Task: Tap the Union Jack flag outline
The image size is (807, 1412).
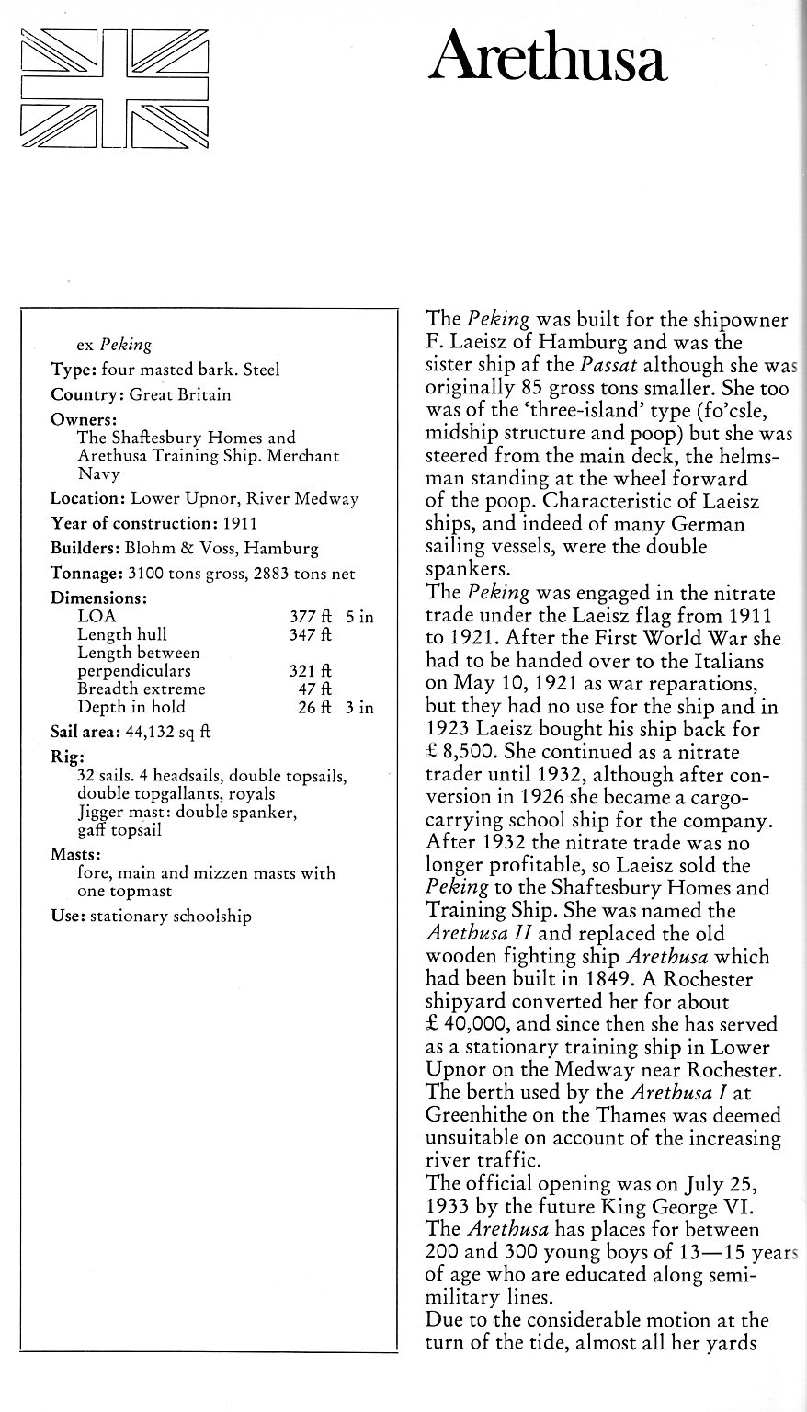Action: pyautogui.click(x=115, y=88)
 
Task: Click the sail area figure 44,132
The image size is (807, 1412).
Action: pyautogui.click(x=164, y=733)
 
